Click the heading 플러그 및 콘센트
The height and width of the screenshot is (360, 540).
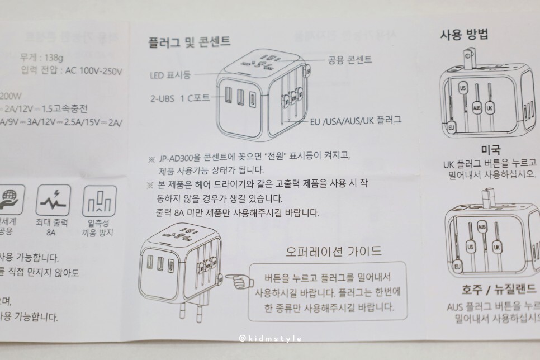(x=189, y=41)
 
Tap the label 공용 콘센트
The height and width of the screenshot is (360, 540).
(x=350, y=58)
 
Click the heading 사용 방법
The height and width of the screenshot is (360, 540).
(x=464, y=35)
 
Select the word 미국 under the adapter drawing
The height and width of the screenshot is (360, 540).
(x=490, y=150)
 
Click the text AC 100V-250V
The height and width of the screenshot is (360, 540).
(x=94, y=71)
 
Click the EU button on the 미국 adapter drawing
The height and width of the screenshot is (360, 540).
(x=451, y=128)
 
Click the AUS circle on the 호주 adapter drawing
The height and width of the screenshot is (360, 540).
(x=482, y=226)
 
